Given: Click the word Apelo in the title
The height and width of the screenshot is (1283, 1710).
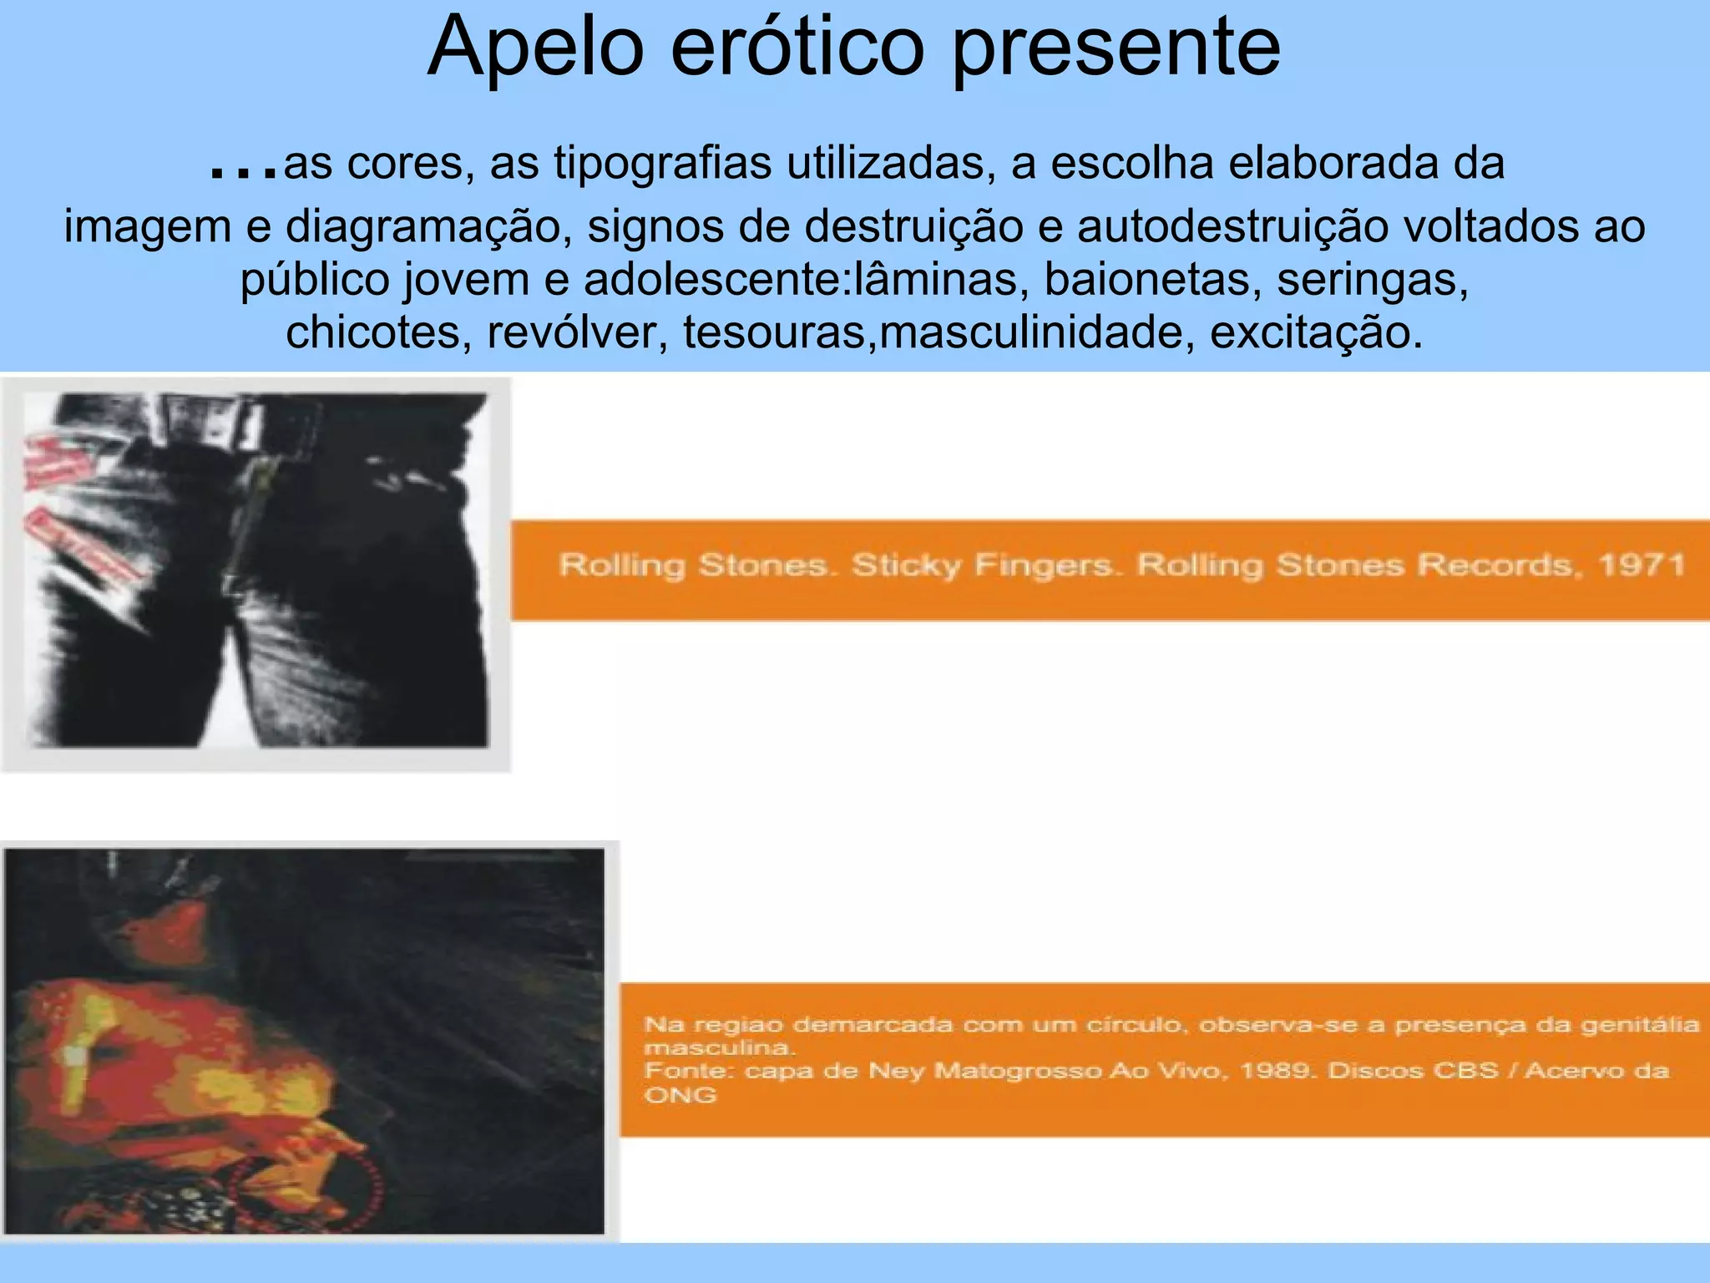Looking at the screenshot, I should click(x=535, y=48).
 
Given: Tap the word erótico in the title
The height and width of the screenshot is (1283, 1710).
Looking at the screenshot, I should click(x=797, y=48).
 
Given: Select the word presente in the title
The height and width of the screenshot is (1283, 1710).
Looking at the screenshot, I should click(x=1116, y=48).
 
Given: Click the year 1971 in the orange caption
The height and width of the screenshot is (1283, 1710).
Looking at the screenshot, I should click(x=1642, y=565).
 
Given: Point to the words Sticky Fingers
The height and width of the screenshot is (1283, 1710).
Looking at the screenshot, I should click(x=982, y=565).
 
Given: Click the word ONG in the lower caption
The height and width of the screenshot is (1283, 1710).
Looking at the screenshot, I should click(x=680, y=1095).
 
